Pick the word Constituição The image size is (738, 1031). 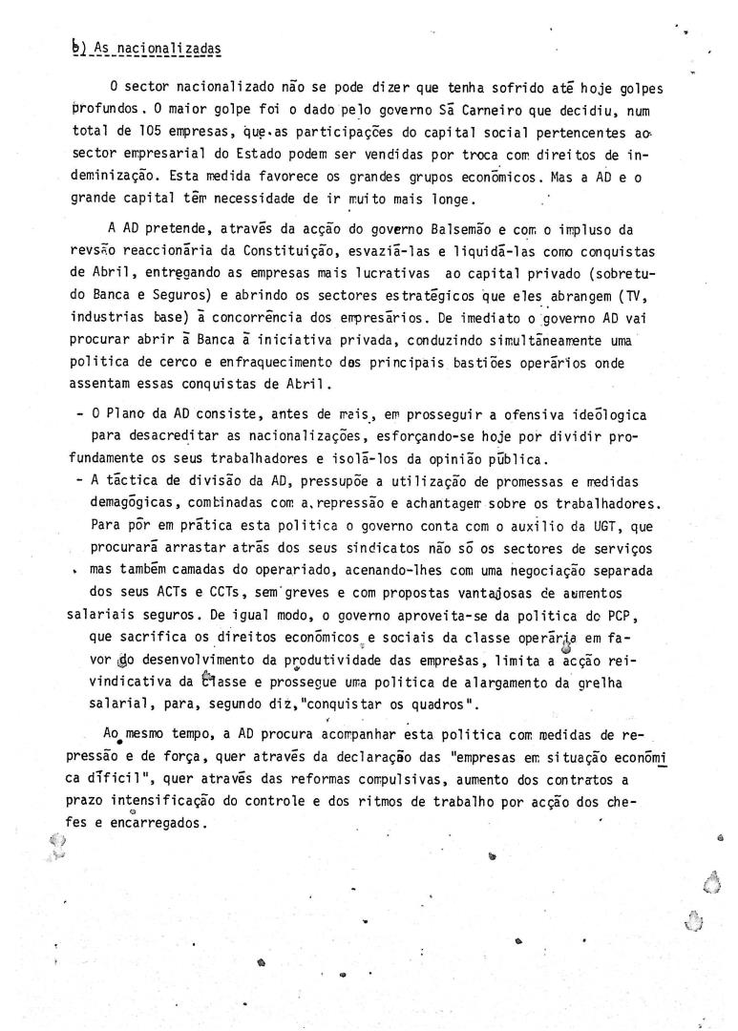(x=251, y=250)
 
